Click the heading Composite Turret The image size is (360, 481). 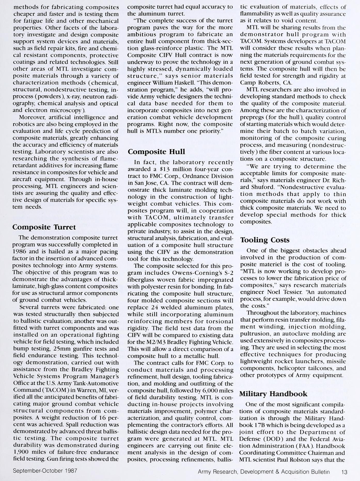(x=44, y=227)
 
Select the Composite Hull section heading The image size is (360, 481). (x=156, y=151)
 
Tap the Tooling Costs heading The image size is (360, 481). (x=265, y=240)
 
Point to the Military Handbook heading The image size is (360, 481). (x=273, y=394)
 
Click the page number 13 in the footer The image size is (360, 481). (x=344, y=472)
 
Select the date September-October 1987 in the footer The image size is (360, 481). (x=45, y=470)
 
